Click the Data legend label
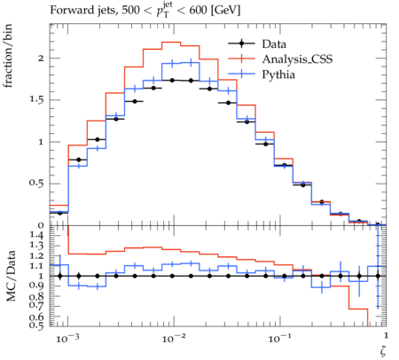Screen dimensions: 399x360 [274, 44]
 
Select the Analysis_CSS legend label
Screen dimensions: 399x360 [297, 59]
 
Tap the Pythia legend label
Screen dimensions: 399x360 [278, 74]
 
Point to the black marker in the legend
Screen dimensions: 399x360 [241, 43]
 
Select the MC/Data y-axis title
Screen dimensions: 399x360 [11, 276]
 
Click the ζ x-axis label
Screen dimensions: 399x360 [383, 351]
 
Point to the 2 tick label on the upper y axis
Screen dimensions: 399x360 [41, 59]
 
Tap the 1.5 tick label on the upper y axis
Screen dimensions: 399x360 [36, 100]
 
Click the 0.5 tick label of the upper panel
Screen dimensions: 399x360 [36, 184]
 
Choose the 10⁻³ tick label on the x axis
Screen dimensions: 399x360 [67, 338]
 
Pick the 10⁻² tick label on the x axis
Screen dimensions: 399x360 [174, 338]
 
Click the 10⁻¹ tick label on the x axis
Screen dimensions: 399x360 [280, 338]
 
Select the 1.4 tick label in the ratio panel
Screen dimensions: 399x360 [36, 235]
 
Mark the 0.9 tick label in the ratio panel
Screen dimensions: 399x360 [36, 286]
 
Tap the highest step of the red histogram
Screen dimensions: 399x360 [171, 42]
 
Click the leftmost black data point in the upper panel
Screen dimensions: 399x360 [60, 213]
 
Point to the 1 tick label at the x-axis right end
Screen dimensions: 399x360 [386, 335]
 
